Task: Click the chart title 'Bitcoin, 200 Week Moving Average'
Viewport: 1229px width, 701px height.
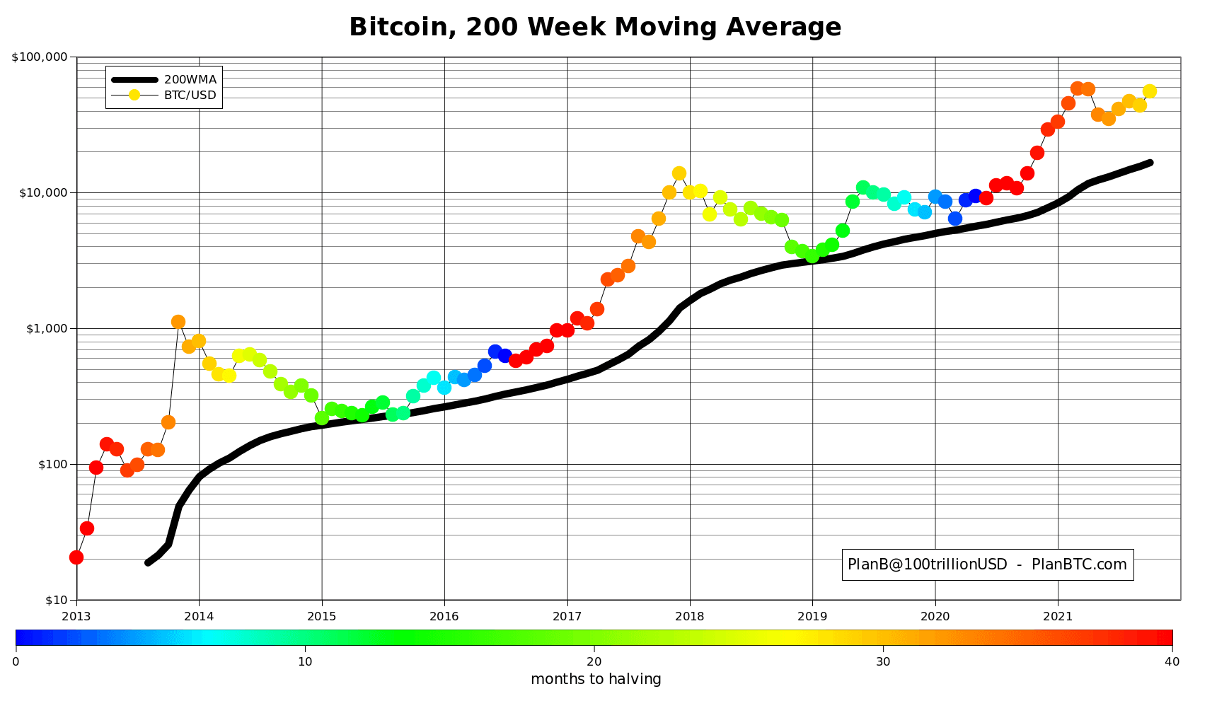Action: [x=595, y=28]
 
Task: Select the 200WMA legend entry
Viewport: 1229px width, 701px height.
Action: [x=190, y=79]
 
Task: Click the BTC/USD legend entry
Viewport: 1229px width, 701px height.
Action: [x=190, y=95]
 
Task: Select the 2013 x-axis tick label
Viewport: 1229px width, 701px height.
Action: [x=76, y=615]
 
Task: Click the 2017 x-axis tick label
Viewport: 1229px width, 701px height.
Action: [x=567, y=615]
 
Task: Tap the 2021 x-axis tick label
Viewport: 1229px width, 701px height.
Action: [x=1058, y=615]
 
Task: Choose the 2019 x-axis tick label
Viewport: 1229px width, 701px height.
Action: [x=812, y=615]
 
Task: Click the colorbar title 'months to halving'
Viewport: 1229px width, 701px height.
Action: [x=596, y=680]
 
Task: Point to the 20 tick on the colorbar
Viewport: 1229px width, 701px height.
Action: [x=594, y=661]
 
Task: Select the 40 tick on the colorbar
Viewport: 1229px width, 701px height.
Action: [x=1172, y=661]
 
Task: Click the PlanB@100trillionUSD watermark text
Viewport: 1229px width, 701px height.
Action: [x=987, y=564]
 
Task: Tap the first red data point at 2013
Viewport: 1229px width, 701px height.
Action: [x=76, y=557]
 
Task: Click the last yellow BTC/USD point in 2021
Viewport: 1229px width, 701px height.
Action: [x=1150, y=91]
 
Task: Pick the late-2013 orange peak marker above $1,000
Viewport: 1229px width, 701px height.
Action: [x=178, y=322]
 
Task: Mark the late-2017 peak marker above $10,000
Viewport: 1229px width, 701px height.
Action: [x=679, y=173]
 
